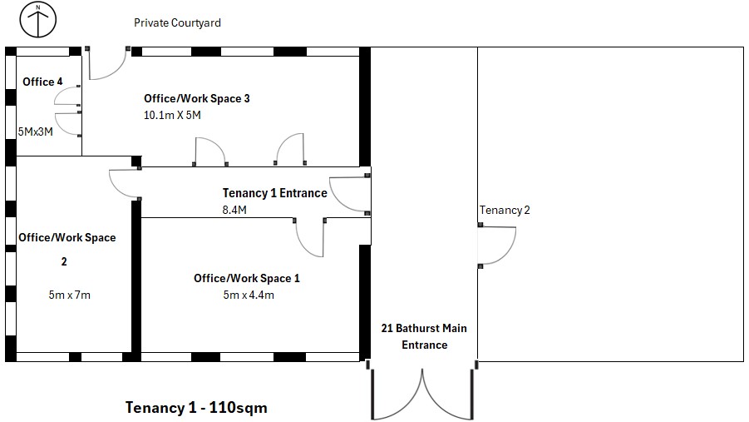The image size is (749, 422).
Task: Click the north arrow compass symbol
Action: coord(37,20)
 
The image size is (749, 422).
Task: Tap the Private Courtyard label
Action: coord(177,22)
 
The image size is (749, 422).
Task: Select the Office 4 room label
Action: coord(42,82)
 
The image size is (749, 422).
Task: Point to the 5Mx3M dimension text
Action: coord(36,132)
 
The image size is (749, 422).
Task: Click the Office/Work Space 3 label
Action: coord(197,98)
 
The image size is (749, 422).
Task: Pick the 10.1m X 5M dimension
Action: coord(172,115)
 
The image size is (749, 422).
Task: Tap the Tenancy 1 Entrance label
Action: coord(274,193)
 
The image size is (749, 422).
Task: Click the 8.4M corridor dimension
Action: coord(234,210)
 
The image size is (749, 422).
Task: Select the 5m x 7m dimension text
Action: coord(69,295)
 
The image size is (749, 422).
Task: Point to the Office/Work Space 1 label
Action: coord(247,278)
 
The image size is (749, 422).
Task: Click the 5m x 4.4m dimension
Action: coord(249,295)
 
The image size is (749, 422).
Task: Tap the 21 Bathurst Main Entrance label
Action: coord(424,336)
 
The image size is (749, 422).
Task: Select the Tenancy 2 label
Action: coord(505,210)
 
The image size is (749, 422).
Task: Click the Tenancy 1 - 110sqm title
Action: coord(196,408)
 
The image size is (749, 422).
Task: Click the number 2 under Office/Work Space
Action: coord(64,261)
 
